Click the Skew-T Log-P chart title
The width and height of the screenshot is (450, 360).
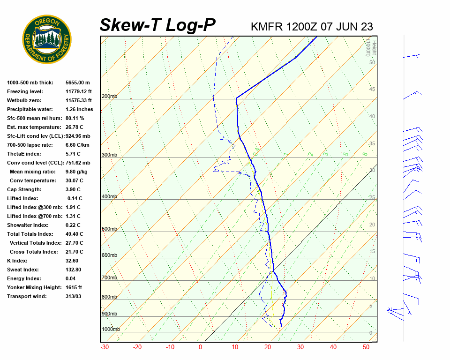[157, 25]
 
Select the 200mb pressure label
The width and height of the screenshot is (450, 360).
[109, 96]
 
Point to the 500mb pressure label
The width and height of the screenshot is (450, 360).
[109, 229]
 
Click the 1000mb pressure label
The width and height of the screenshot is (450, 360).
[111, 329]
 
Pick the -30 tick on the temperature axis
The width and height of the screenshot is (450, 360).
[105, 347]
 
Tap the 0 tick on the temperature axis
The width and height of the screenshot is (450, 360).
[200, 347]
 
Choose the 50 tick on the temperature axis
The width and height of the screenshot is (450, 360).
[366, 347]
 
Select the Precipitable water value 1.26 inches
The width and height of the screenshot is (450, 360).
[79, 109]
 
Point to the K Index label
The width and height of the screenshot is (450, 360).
[17, 261]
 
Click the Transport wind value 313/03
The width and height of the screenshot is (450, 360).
[74, 296]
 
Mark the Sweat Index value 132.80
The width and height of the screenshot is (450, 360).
[74, 270]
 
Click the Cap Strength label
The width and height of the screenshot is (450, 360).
[24, 189]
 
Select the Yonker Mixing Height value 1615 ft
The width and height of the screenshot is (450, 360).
[74, 287]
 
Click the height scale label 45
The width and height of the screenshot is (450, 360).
[372, 89]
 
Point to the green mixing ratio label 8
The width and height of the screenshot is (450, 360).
[364, 154]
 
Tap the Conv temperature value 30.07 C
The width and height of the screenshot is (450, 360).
[75, 180]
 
